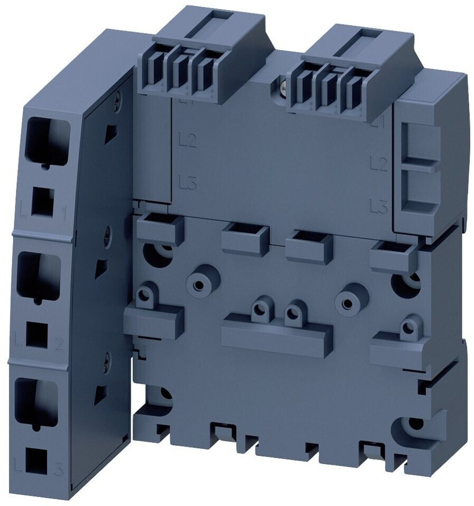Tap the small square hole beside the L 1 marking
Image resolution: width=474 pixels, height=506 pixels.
(42, 202)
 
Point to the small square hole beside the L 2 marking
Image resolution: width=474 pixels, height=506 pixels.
(37, 334)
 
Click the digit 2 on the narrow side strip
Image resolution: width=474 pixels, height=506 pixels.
(59, 345)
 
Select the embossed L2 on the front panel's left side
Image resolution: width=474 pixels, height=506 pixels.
(188, 141)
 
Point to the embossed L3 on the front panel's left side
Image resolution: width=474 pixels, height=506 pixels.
(188, 183)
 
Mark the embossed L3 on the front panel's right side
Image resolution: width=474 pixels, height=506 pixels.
(379, 206)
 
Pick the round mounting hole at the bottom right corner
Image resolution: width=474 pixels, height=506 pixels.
(415, 423)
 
